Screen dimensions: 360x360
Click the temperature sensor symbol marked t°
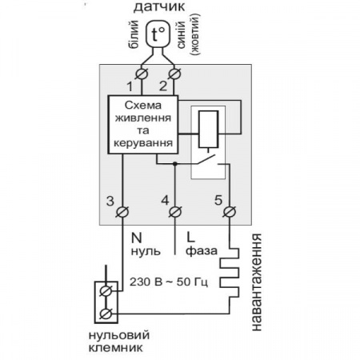[x=158, y=34]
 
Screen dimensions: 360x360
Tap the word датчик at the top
[x=159, y=7]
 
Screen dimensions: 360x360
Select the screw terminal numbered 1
[x=142, y=74]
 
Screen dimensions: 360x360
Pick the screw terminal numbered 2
[x=174, y=74]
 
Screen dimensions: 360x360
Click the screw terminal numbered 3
[x=122, y=212]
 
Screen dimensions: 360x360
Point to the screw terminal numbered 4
[x=175, y=212]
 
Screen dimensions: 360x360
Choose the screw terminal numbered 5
[x=230, y=212]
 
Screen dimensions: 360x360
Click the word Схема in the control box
[x=143, y=106]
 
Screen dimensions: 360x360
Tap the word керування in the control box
[x=143, y=143]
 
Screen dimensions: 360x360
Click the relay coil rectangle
[x=208, y=129]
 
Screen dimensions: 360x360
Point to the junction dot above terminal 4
[x=175, y=163]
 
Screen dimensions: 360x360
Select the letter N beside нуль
[x=137, y=238]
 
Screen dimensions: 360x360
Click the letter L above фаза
[x=190, y=238]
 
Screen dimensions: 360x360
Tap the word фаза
[x=202, y=251]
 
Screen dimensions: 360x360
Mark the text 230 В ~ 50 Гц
[x=169, y=282]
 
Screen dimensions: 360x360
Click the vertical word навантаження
[x=257, y=282]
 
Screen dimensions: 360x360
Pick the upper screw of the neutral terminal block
[x=106, y=290]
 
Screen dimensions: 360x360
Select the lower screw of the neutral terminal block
[x=106, y=314]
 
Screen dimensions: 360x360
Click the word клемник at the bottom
[x=115, y=348]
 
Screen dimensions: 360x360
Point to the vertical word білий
[x=134, y=34]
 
